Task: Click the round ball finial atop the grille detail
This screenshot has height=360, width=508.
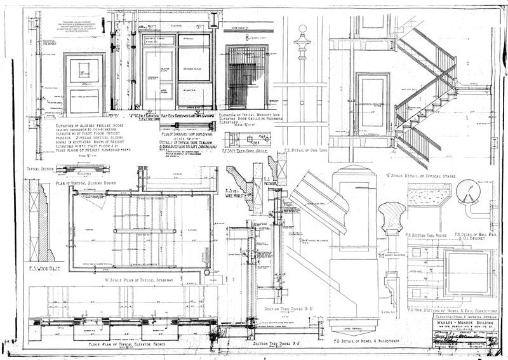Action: [x=302, y=29]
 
